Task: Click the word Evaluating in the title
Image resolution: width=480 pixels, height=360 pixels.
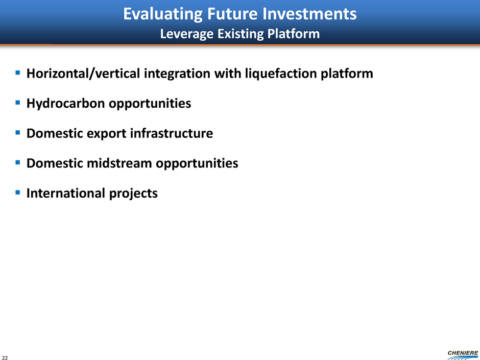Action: tap(162, 14)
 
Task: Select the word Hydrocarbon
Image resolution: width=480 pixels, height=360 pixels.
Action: tap(66, 103)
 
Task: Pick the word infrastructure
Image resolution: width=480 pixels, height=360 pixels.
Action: tap(172, 133)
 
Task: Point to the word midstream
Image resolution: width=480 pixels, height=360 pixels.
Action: tap(119, 163)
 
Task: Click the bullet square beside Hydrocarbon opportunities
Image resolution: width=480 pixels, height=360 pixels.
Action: tap(18, 102)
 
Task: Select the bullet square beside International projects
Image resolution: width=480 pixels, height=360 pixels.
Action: tap(18, 192)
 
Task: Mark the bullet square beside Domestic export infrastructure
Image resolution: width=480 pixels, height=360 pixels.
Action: tap(18, 132)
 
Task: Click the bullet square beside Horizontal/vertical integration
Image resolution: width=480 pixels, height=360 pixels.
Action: tap(18, 73)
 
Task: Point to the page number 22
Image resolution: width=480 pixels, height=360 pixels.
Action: tap(5, 357)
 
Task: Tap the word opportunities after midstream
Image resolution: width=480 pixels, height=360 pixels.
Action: tap(197, 163)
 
